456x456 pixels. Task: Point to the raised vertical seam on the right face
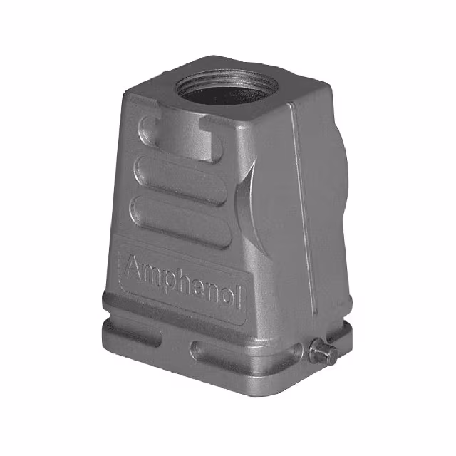tap(303, 214)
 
